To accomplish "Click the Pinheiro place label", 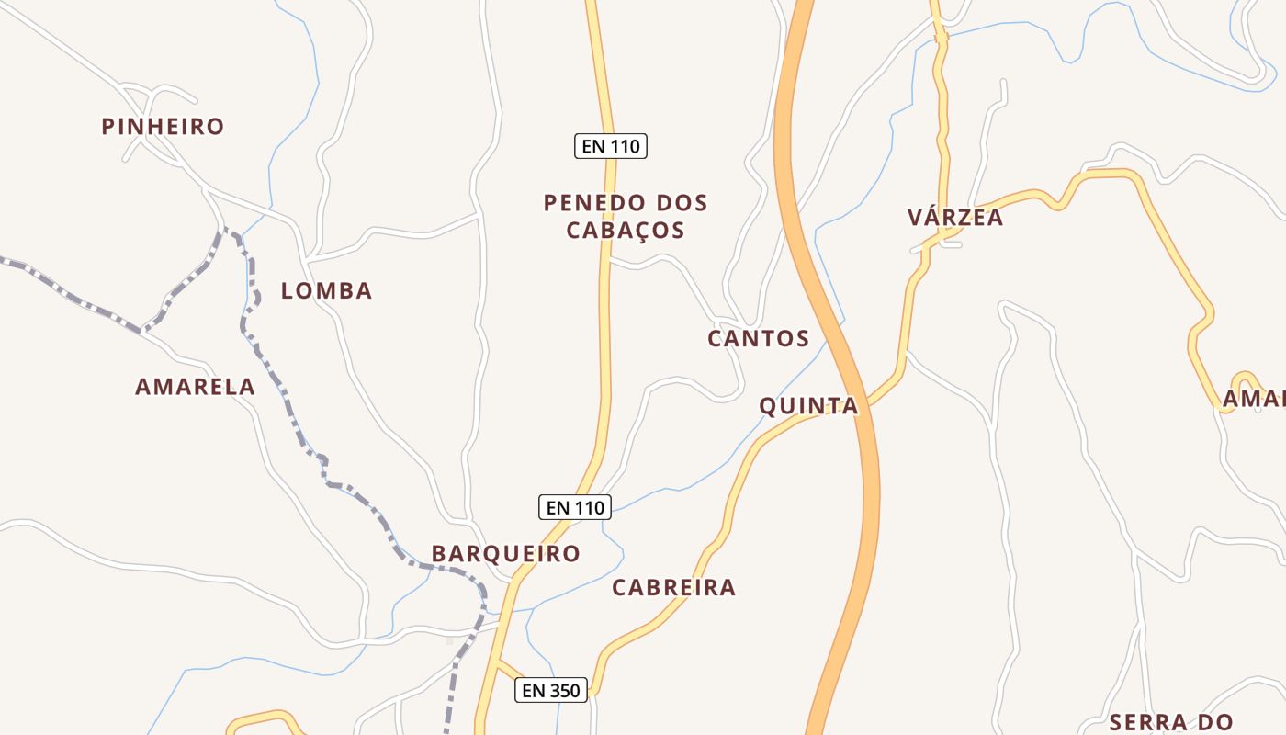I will tap(163, 127).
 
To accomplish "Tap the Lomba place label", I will tap(326, 291).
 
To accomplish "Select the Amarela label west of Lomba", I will tap(195, 387).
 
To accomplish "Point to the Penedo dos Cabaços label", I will tap(626, 216).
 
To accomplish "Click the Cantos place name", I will tap(758, 339).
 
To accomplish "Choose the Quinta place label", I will tap(808, 406).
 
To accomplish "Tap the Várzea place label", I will tap(955, 218).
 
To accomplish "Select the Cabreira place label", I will tap(674, 588).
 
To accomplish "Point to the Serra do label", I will tap(1170, 722).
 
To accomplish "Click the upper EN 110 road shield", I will tap(611, 146).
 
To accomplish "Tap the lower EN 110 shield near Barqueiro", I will tap(574, 507).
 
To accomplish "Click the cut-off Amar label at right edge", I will tap(1253, 399).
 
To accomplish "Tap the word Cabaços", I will tap(626, 230).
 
